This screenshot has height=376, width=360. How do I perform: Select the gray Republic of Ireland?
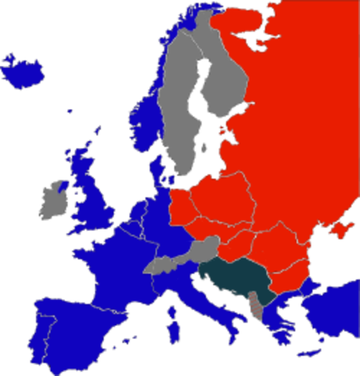tap(52, 203)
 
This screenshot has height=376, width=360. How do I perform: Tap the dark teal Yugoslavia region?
tap(235, 277)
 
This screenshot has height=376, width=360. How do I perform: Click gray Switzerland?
tap(160, 266)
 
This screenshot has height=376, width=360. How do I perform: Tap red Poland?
tap(219, 200)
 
